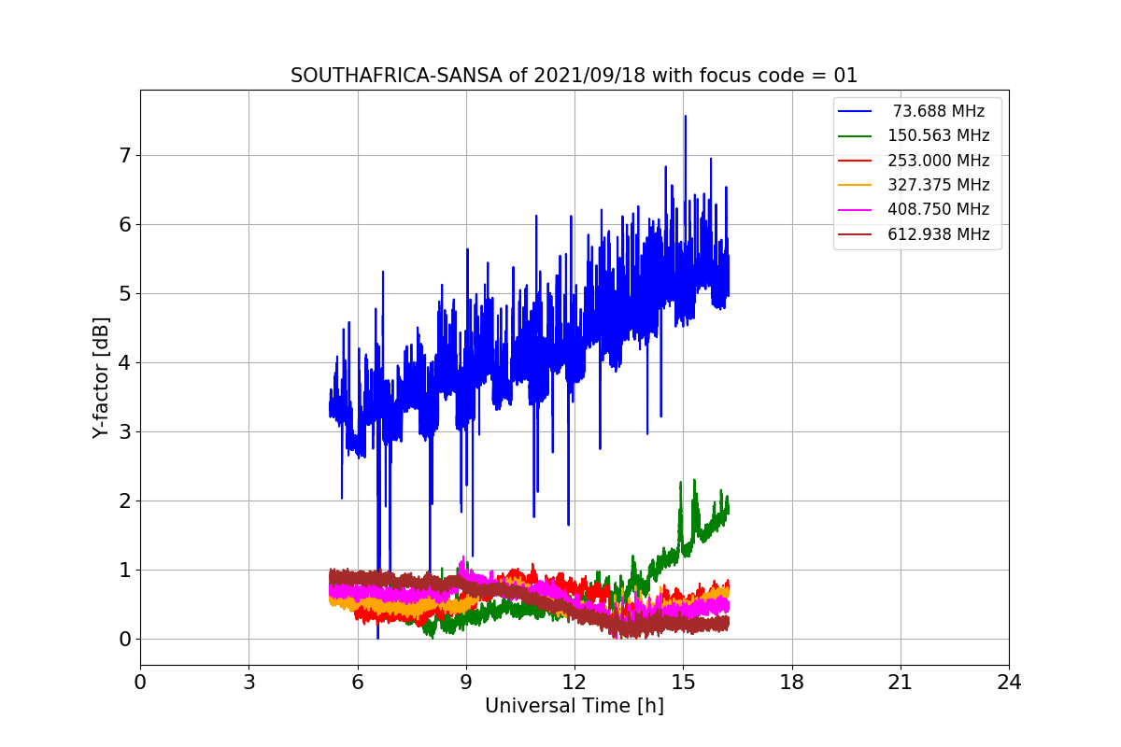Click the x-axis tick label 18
coord(792,683)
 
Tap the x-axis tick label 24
coord(1009,683)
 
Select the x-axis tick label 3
coord(248,683)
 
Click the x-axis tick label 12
coord(575,683)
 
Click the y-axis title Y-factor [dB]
coord(101,377)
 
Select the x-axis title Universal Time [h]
coord(574,706)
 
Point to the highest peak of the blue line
coord(685,117)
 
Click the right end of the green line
coord(728,507)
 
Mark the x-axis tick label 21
coord(901,683)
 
